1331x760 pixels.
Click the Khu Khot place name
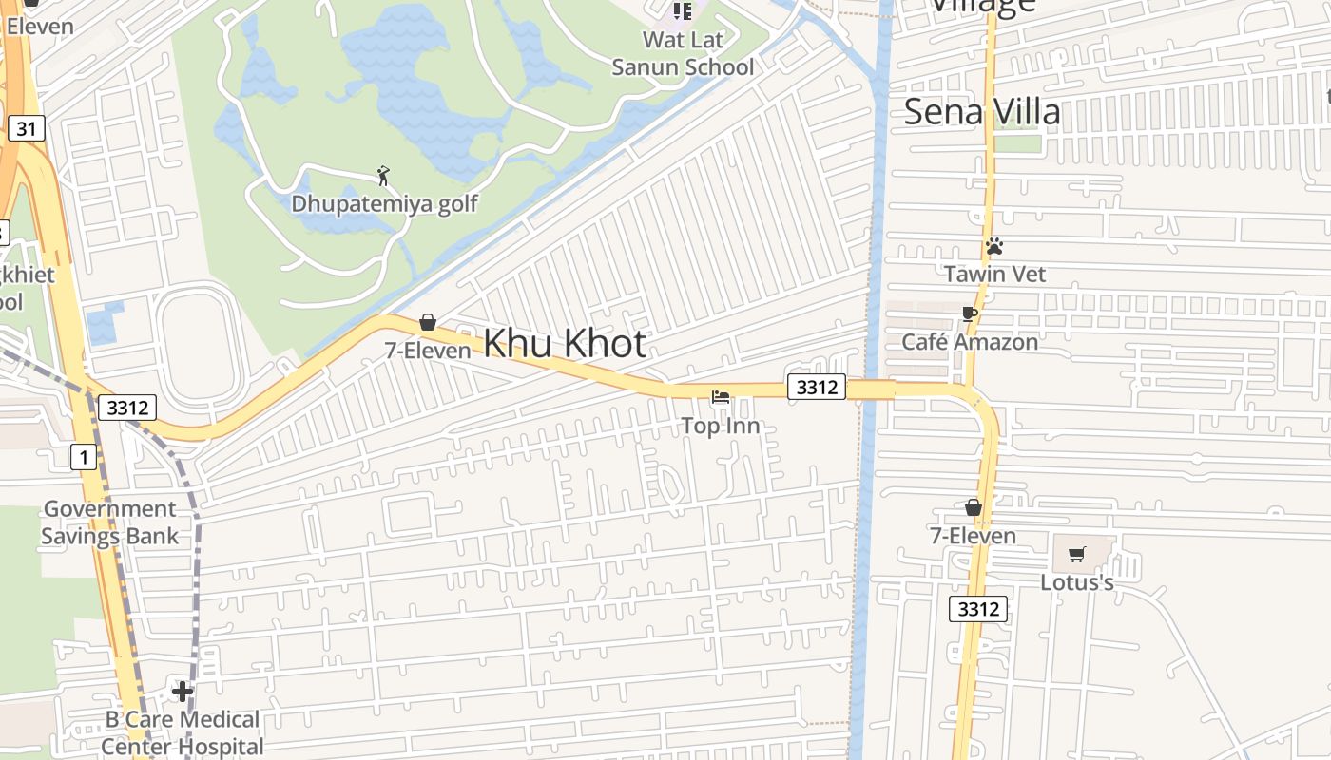(565, 343)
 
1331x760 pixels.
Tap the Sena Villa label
(981, 111)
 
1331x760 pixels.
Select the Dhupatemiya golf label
(384, 203)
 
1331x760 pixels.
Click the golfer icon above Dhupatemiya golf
(383, 176)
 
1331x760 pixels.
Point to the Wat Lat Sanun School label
(683, 53)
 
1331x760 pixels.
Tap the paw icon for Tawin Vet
(994, 247)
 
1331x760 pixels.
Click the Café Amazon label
(970, 342)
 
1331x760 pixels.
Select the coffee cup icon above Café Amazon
(970, 314)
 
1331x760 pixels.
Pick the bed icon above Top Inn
(721, 397)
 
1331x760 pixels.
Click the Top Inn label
(721, 426)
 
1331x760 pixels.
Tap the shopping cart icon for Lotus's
(1076, 554)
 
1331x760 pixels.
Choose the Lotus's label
(1076, 581)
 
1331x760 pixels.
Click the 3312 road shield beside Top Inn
(817, 387)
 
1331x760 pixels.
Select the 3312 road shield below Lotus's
(977, 609)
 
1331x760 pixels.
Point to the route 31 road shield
(27, 128)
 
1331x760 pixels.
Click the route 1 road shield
(84, 458)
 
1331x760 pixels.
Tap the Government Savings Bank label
(109, 522)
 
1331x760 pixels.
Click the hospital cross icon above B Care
(182, 691)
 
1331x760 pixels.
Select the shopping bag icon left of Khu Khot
(428, 322)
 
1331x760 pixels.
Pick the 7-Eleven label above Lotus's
(973, 536)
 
